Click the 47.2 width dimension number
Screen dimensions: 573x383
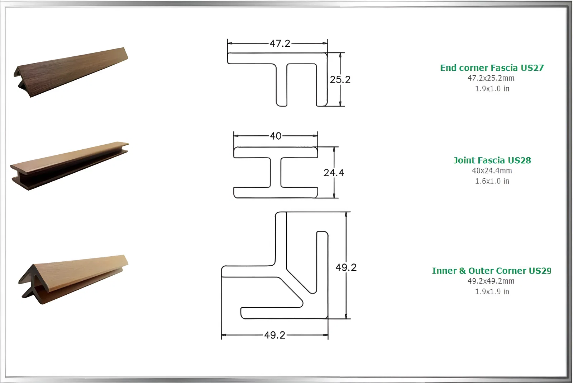coord(280,43)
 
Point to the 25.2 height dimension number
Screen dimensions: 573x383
coord(340,80)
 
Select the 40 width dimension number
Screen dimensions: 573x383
coord(276,136)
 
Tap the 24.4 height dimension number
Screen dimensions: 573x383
coord(334,173)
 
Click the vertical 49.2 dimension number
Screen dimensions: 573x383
coord(346,267)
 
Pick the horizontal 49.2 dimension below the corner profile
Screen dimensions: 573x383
coord(275,335)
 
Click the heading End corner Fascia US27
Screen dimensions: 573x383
coord(492,68)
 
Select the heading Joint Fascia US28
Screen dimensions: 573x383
coord(492,160)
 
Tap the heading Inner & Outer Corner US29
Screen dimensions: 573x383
coord(491,271)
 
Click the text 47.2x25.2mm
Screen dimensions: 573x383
coord(491,78)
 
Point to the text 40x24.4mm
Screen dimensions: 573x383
coord(492,171)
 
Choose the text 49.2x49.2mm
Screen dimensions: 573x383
coord(491,281)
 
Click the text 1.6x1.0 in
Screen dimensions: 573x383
coord(492,181)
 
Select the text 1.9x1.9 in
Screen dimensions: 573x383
coord(492,291)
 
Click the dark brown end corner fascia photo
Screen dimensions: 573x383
coord(71,72)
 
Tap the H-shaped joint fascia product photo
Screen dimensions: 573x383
coord(70,166)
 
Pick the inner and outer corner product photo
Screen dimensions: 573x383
coord(73,280)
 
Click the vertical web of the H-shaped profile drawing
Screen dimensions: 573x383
coord(276,172)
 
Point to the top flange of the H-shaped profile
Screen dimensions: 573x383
coord(276,152)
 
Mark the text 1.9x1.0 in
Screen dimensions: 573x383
coord(492,89)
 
